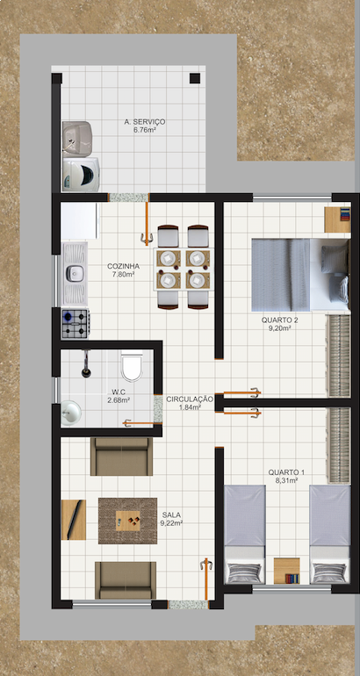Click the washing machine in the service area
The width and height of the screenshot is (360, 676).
coord(81,174)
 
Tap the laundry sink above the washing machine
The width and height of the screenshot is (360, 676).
coord(77,139)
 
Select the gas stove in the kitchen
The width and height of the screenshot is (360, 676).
coord(76,323)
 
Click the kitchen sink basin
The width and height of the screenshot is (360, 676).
coord(75,273)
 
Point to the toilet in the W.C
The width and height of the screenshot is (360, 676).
coord(132,366)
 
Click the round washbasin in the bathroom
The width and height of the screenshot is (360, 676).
coord(70,413)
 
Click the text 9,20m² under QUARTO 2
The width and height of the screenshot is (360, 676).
coord(279,328)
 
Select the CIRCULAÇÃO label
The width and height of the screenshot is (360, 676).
coord(190,399)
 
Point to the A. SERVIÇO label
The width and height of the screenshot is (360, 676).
coord(144,122)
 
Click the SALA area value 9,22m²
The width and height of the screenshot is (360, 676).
coord(172,522)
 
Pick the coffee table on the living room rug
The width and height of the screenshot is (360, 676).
coord(128,521)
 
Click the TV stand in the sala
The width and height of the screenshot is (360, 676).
coord(73,520)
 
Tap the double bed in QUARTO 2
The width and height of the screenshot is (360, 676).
coord(300,275)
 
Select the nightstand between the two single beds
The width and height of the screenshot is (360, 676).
coord(287,571)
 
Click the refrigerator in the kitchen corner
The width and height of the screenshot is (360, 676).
coord(80,221)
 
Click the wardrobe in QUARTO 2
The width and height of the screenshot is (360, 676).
coord(339,356)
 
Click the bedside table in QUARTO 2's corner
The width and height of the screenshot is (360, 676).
coord(337,219)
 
